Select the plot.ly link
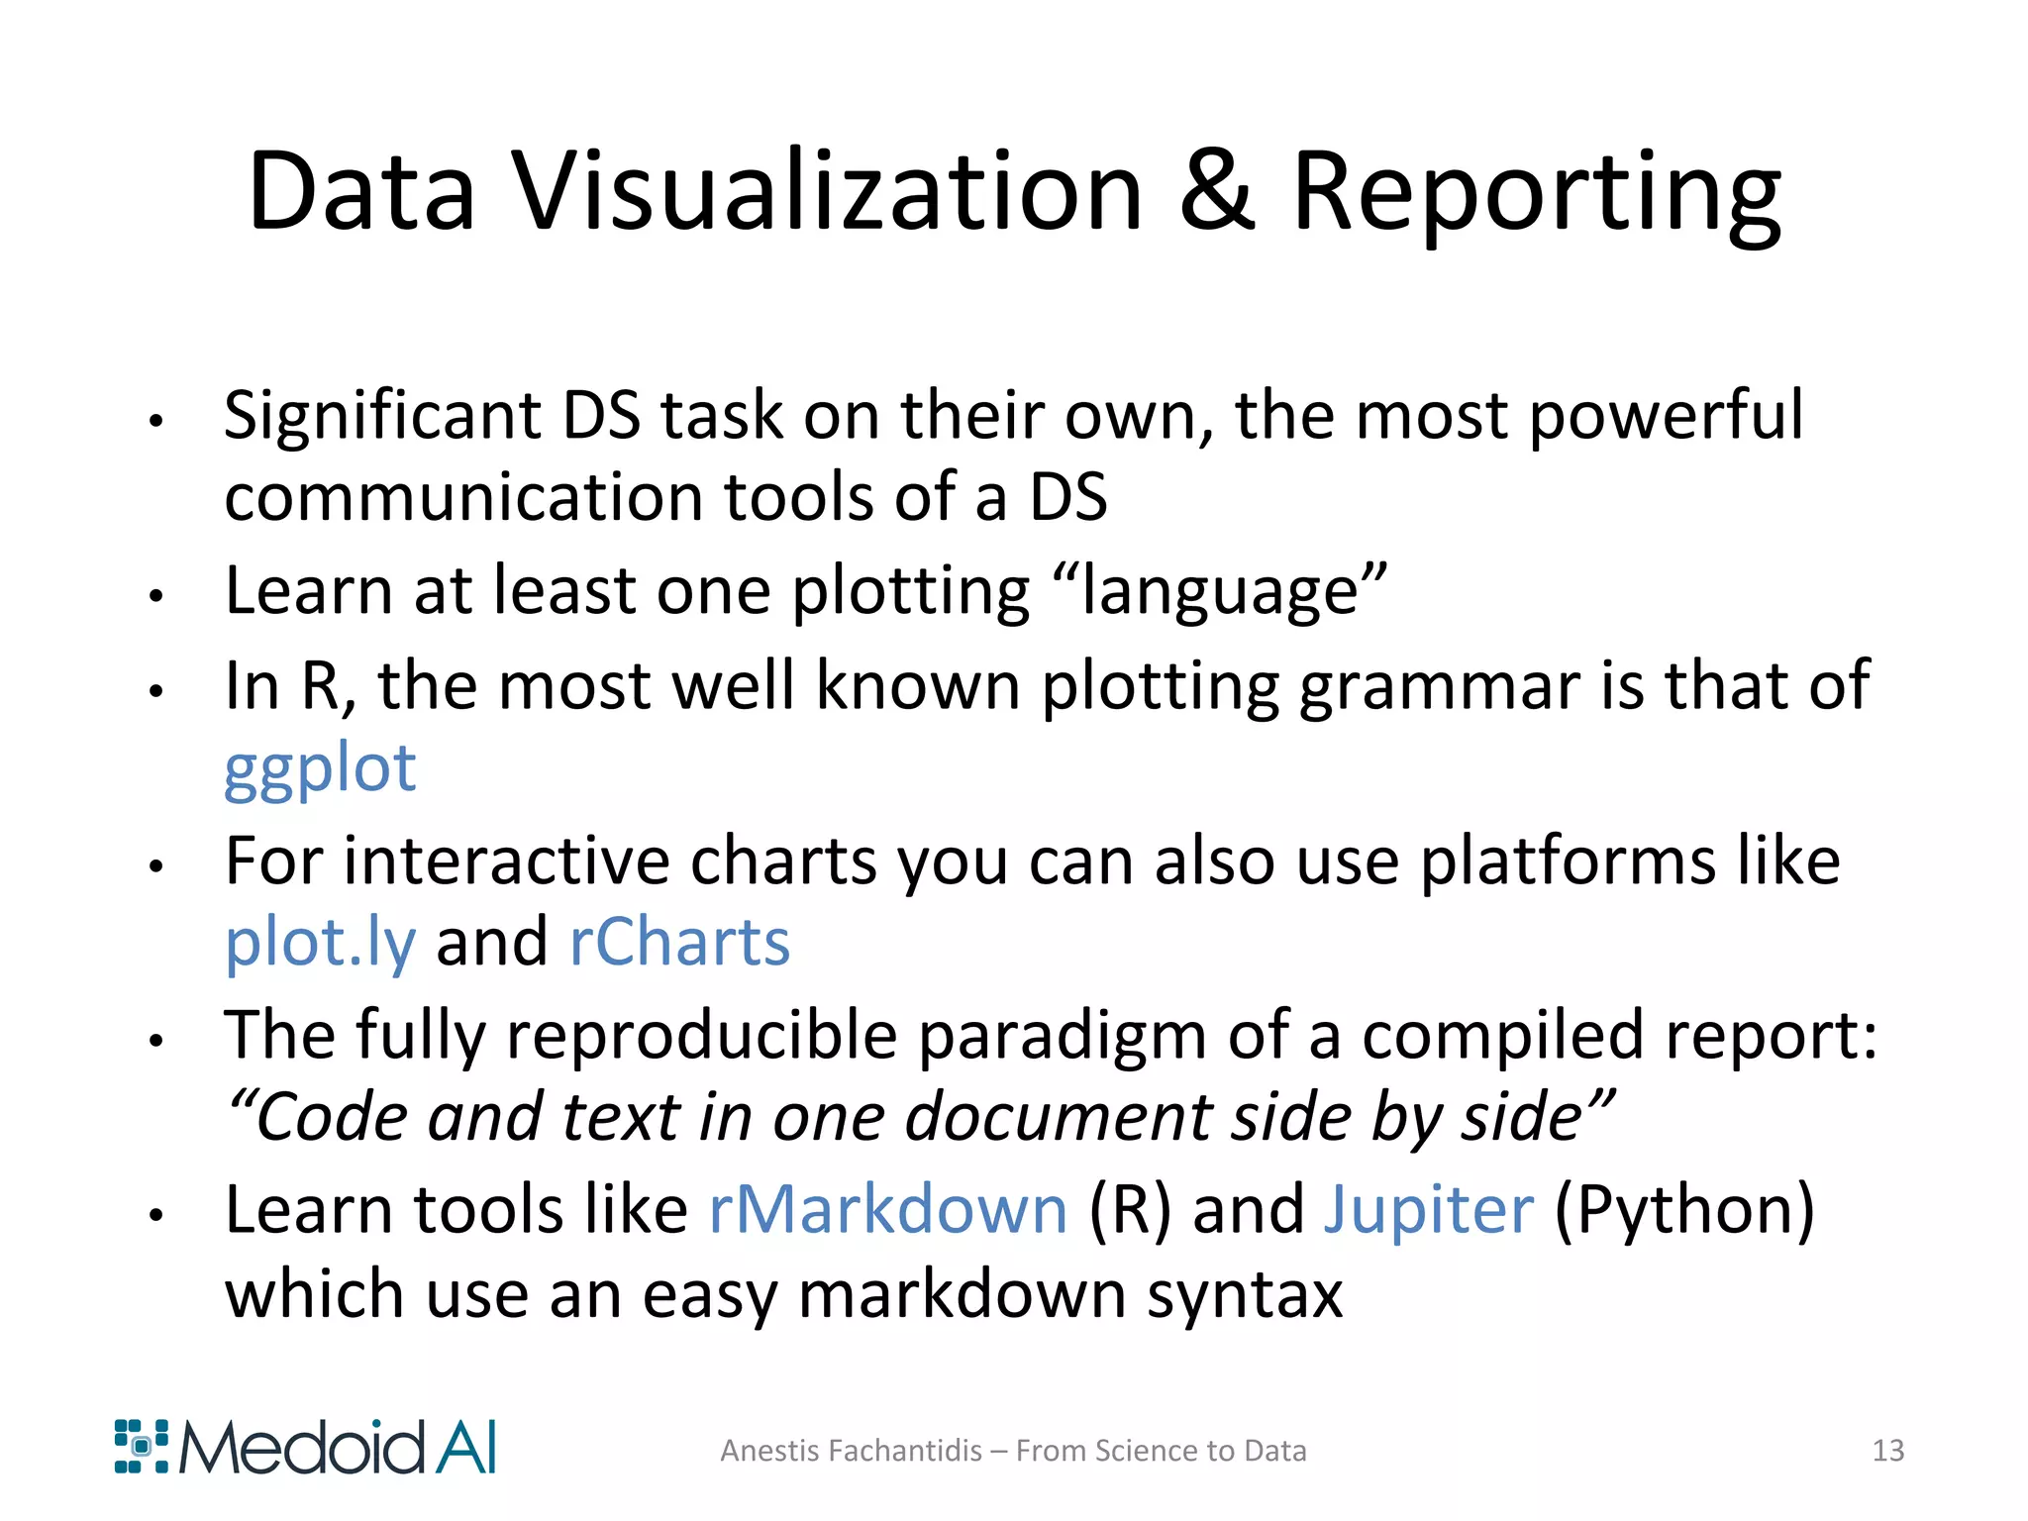tap(320, 943)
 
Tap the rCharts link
tap(679, 943)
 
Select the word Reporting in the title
tap(1536, 194)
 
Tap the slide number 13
tap(1887, 1451)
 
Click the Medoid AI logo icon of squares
tap(142, 1447)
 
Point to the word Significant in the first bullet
tap(382, 416)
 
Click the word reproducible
tap(701, 1037)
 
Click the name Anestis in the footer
tap(767, 1451)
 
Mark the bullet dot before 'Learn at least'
tap(155, 596)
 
